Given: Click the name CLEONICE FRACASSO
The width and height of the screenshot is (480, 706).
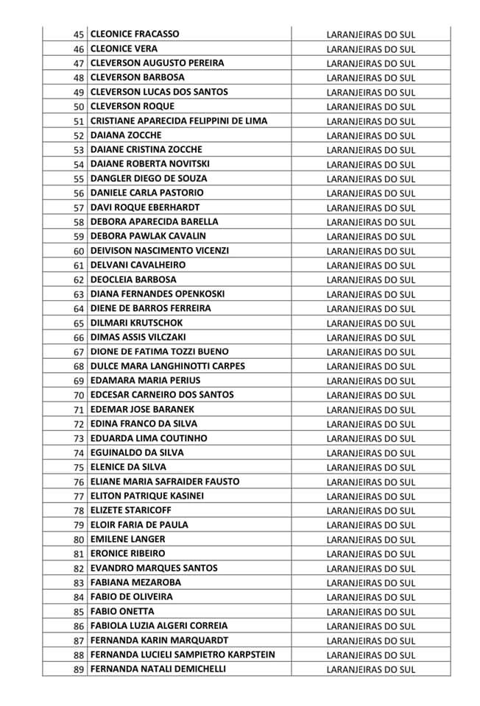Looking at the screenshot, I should pos(135,34).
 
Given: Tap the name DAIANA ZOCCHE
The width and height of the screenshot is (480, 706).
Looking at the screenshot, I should pos(126,135).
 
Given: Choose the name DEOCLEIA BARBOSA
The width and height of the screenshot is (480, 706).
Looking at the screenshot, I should pos(133,279).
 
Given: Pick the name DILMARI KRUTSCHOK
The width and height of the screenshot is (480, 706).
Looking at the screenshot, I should pos(137,323).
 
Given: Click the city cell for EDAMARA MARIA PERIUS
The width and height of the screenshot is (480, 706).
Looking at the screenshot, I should pos(370,381).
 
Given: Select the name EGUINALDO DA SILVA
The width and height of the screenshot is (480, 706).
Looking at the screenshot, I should pos(137,452).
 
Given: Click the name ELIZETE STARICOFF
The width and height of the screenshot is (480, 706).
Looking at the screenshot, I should pos(130,510).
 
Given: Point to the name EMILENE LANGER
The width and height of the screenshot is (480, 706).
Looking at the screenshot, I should pos(127,539).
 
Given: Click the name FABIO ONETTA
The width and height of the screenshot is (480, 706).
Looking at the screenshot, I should pos(122,611).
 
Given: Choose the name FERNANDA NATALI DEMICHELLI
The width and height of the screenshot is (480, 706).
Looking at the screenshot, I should pos(158,668).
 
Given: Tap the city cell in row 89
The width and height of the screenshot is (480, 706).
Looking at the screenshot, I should pos(370,669).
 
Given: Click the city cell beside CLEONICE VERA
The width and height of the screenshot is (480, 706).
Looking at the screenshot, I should pos(370,49).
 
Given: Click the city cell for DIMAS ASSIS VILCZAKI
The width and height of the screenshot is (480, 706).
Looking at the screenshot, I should pos(370,338).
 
